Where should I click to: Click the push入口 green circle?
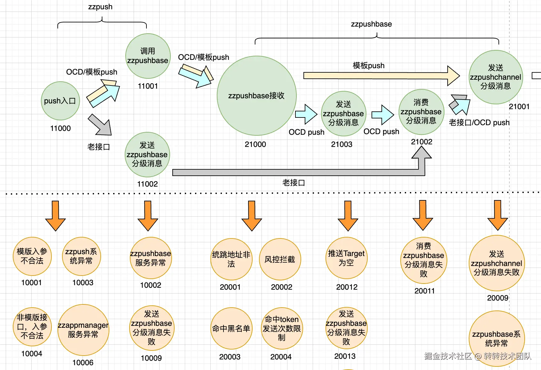pyautogui.click(x=60, y=101)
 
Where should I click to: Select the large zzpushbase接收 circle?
pyautogui.click(x=256, y=96)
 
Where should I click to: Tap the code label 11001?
pyautogui.click(x=148, y=86)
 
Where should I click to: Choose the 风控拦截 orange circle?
pyautogui.click(x=280, y=259)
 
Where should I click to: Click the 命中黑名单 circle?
pyautogui.click(x=231, y=328)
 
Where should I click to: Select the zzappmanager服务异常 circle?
pyautogui.click(x=83, y=330)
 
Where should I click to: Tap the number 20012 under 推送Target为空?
pyautogui.click(x=347, y=287)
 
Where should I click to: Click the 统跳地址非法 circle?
pyautogui.click(x=231, y=259)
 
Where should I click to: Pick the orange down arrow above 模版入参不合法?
pyautogui.click(x=55, y=215)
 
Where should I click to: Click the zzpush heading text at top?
pyautogui.click(x=100, y=7)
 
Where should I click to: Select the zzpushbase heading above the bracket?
pyautogui.click(x=371, y=24)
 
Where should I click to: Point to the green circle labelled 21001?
pyautogui.click(x=496, y=77)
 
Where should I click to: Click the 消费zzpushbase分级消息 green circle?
pyautogui.click(x=421, y=112)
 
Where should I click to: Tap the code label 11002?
pyautogui.click(x=147, y=184)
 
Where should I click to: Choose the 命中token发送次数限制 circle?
pyautogui.click(x=281, y=328)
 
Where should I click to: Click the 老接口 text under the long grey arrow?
pyautogui.click(x=293, y=183)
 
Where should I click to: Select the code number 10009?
pyautogui.click(x=151, y=358)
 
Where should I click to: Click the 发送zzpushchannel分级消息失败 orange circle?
pyautogui.click(x=496, y=263)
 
